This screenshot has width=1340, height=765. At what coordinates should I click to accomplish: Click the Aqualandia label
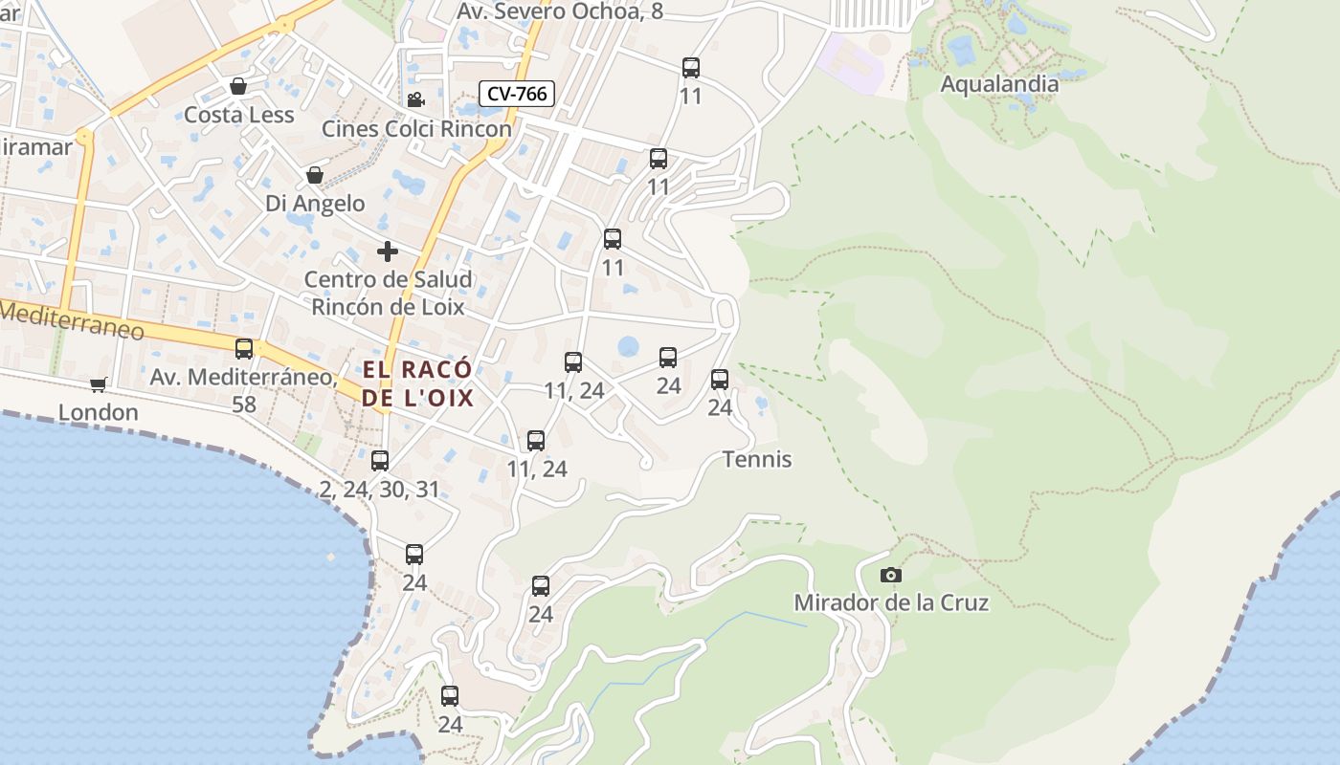coord(999,84)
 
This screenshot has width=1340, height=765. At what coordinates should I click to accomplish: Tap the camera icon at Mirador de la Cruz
coord(891,575)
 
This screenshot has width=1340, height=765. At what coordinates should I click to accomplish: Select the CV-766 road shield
coord(517,94)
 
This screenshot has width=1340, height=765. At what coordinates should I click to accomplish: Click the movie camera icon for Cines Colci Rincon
coord(415,100)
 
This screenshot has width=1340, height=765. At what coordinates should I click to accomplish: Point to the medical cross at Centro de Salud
coord(388,251)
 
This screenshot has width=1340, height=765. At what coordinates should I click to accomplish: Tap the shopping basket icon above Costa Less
coord(238,87)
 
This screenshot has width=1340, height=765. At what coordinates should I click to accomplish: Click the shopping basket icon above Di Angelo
coord(314,175)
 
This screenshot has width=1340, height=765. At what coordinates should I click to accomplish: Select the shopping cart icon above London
coord(98,384)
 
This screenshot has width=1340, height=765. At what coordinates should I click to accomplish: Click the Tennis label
coord(757,460)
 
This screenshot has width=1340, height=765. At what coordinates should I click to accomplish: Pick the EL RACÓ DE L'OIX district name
coord(417,383)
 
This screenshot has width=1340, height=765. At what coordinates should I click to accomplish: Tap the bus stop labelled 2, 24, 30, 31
coord(380,461)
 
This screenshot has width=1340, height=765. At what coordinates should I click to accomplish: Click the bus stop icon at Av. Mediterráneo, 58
coord(244,349)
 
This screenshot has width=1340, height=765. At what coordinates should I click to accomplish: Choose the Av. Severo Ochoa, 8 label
coord(560,11)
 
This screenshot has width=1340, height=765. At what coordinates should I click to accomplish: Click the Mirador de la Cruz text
coord(891,603)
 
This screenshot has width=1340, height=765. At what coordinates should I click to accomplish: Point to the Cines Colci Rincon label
coord(416,128)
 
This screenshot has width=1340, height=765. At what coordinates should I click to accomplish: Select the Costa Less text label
coord(238,115)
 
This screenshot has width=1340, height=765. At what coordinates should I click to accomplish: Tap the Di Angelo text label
coord(315,204)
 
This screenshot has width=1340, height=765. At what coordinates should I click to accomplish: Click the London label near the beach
coord(99,412)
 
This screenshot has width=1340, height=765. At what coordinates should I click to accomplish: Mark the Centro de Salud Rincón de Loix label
coord(388,294)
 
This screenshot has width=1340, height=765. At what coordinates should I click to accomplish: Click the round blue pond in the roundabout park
coord(628,346)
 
